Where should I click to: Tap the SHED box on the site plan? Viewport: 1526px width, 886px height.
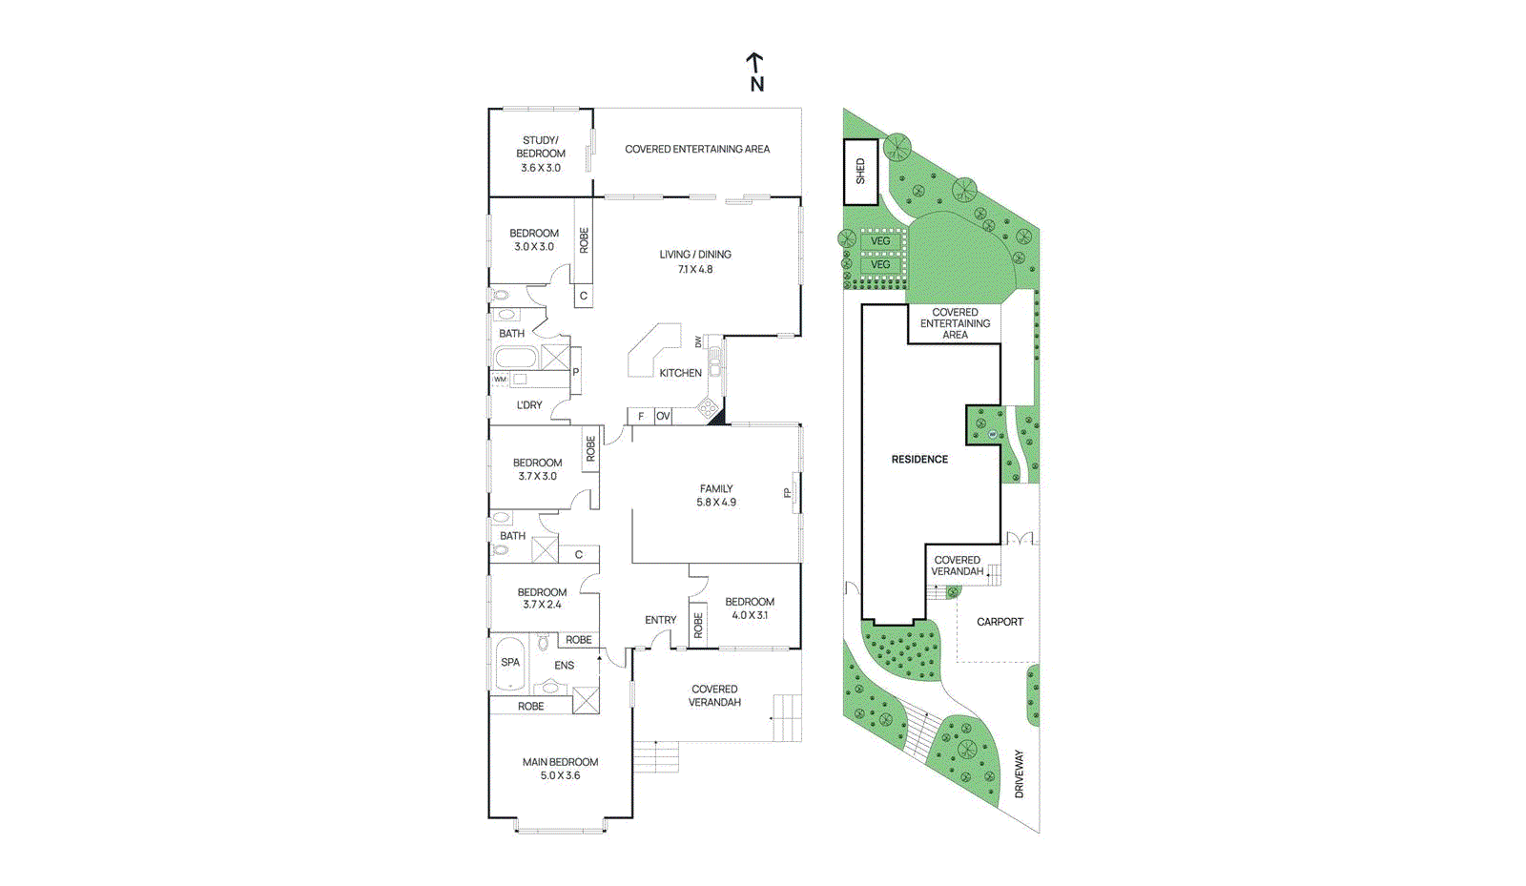[x=860, y=172]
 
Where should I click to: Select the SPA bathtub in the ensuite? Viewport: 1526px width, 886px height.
[x=510, y=662]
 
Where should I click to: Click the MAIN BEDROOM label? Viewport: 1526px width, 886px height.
[x=560, y=762]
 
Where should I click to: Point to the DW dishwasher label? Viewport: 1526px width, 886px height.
[x=698, y=341]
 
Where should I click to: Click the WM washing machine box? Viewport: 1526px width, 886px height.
[x=500, y=380]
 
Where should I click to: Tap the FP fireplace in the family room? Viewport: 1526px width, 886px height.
[x=788, y=493]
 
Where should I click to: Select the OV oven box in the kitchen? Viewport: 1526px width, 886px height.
[x=663, y=416]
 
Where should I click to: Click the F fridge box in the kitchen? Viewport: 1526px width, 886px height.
[x=641, y=416]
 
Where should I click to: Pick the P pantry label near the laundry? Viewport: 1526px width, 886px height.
[x=575, y=372]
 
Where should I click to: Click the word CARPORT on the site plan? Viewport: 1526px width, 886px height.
[x=1000, y=622]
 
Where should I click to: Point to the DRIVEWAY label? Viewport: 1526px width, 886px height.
[x=1019, y=773]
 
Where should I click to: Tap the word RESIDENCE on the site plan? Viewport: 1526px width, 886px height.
[x=919, y=460]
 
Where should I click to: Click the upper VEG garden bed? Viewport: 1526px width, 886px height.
[x=880, y=241]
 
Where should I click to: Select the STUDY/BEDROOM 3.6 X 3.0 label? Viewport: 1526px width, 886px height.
[x=541, y=154]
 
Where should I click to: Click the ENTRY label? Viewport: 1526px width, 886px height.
[x=660, y=620]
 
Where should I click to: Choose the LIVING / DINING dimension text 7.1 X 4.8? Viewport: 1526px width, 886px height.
[x=695, y=269]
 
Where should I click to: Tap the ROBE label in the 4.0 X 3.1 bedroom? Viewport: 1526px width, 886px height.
[x=698, y=626]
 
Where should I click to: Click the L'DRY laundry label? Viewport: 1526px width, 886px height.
[x=529, y=405]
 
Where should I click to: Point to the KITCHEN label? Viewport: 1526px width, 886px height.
[x=680, y=373]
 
